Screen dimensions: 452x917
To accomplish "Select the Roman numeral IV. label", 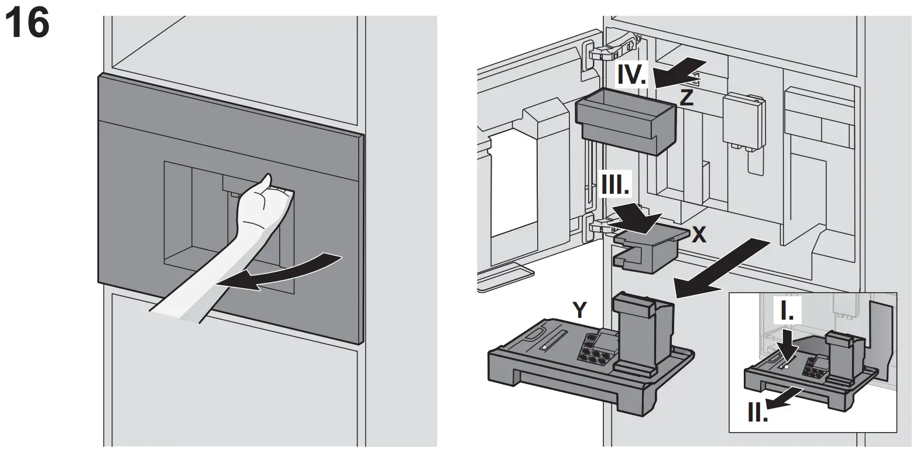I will [631, 74].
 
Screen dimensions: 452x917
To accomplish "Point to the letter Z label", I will [686, 97].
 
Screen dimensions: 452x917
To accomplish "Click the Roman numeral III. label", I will [615, 187].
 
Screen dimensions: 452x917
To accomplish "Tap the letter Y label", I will [579, 310].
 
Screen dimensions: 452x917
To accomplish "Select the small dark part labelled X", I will [647, 249].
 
